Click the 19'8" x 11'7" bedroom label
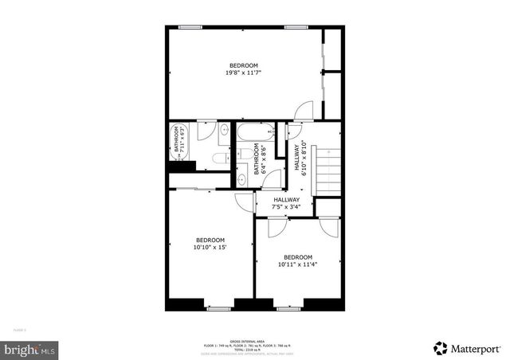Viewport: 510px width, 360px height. tap(243, 68)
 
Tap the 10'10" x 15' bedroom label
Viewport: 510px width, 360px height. tap(210, 244)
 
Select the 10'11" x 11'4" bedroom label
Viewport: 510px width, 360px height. tap(298, 260)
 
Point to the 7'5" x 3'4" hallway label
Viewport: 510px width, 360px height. tap(286, 204)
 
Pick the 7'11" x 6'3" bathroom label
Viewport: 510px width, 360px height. tap(180, 139)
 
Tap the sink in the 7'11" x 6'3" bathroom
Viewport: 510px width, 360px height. tap(224, 131)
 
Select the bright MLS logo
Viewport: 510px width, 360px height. tap(31, 349)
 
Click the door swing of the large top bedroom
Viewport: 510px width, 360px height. tap(301, 113)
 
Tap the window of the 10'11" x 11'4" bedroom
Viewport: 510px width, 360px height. tap(287, 307)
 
